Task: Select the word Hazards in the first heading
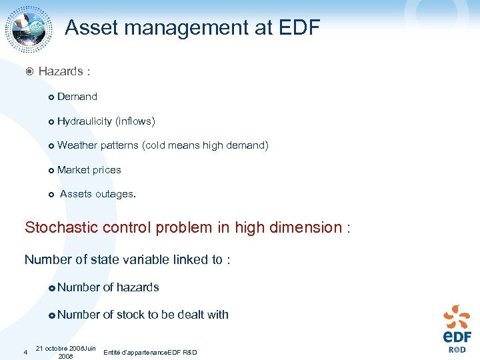(x=61, y=71)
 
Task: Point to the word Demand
(x=77, y=97)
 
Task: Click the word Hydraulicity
(x=85, y=121)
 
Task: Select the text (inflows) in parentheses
(x=135, y=121)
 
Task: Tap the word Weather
(x=77, y=145)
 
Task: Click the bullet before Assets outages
(x=51, y=195)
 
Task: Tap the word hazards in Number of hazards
(x=138, y=287)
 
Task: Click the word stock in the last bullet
(x=131, y=315)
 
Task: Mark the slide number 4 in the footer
(x=25, y=352)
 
